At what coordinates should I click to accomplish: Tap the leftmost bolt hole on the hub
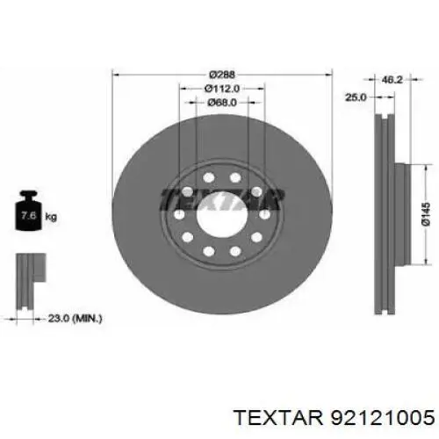[179, 215]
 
